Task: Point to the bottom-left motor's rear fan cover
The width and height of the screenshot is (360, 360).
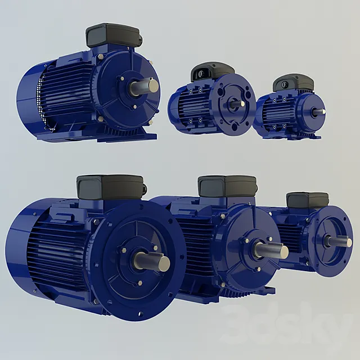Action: pos(22,247)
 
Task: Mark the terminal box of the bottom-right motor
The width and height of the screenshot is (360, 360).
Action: pos(307,200)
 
